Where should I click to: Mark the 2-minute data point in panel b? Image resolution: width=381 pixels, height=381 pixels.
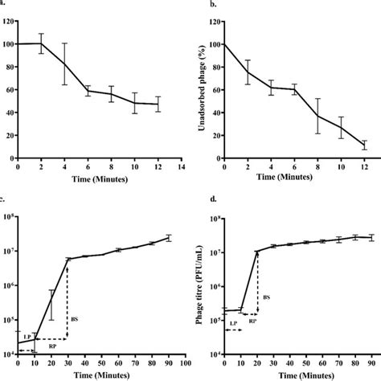click(x=246, y=72)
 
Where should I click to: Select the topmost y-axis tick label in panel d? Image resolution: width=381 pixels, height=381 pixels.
click(x=215, y=219)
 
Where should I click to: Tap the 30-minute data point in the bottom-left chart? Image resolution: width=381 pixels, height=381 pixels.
click(x=68, y=259)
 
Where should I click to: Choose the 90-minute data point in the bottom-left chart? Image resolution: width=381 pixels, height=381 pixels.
click(x=170, y=237)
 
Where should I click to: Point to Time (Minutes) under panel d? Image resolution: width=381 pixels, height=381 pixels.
click(x=297, y=375)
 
